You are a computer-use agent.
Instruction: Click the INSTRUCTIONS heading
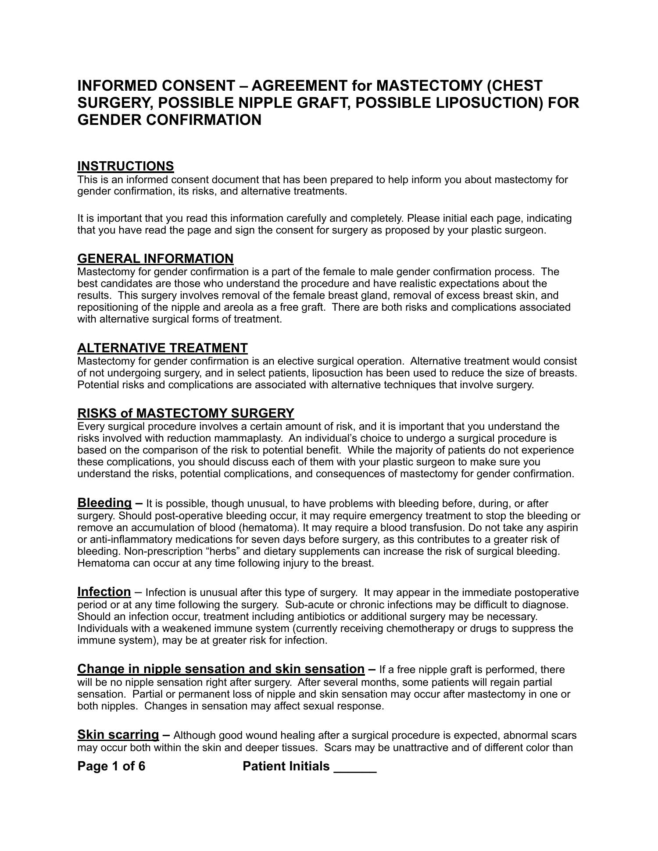pos(125,167)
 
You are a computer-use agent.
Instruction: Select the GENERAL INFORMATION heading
pos(155,259)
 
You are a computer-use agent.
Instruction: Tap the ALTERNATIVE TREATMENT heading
pos(162,348)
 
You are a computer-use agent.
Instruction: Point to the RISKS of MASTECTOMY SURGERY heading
pos(186,413)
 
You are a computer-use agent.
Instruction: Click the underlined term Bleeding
pos(104,503)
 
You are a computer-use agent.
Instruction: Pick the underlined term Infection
pos(104,592)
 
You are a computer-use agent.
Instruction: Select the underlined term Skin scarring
pos(118,734)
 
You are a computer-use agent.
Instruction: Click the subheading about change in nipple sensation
pos(221,669)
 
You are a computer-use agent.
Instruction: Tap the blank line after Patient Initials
pos(355,766)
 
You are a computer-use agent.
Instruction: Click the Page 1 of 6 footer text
pos(111,766)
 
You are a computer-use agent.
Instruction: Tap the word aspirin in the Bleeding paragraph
pos(562,528)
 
